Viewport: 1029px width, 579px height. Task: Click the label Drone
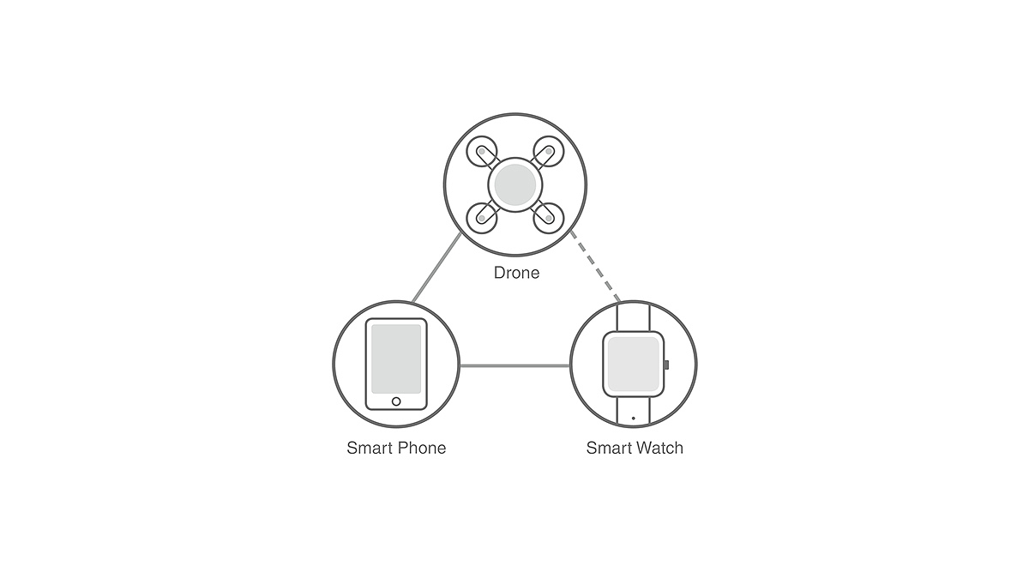click(516, 274)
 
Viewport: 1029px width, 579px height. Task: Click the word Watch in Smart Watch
click(661, 448)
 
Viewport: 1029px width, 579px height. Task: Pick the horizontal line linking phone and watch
click(515, 366)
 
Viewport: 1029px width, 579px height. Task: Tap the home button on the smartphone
click(395, 401)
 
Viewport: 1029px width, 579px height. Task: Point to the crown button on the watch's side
click(665, 365)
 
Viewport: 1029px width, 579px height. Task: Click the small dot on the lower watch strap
click(633, 418)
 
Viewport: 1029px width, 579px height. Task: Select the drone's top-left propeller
click(482, 154)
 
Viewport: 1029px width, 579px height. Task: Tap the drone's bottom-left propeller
click(482, 216)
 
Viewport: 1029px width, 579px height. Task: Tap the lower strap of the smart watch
click(633, 413)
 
